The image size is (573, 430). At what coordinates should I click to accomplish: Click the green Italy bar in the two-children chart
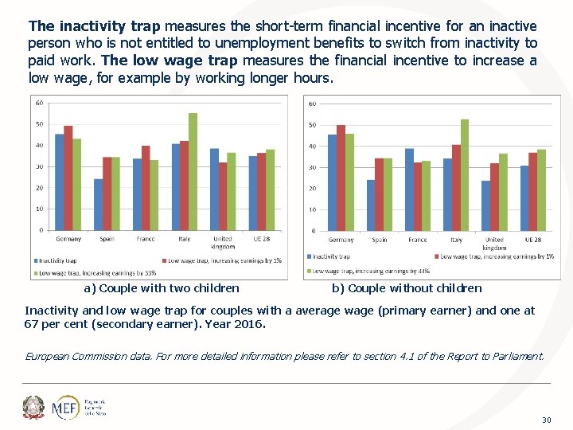click(x=193, y=171)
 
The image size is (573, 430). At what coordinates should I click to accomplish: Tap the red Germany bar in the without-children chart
click(x=341, y=178)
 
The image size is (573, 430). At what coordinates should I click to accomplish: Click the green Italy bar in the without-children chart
click(x=465, y=175)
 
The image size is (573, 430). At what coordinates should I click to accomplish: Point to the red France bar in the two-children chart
click(x=146, y=188)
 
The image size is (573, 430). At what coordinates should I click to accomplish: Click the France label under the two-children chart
click(x=145, y=239)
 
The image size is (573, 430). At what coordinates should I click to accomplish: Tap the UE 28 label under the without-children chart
click(x=532, y=240)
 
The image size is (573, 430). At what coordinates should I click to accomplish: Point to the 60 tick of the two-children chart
click(x=39, y=103)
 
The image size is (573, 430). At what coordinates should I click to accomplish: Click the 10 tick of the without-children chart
click(x=312, y=210)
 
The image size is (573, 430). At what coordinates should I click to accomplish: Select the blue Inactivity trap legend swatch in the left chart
click(x=35, y=260)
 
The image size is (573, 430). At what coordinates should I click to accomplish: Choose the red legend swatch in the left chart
click(x=162, y=260)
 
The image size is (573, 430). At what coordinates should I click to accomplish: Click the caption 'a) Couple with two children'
click(x=161, y=288)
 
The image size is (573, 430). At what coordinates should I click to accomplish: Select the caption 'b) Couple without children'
click(x=406, y=288)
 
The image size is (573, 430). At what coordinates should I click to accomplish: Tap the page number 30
click(x=546, y=420)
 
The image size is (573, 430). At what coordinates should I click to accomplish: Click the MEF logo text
click(x=64, y=408)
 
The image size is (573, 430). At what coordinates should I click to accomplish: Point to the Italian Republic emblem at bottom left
click(x=34, y=408)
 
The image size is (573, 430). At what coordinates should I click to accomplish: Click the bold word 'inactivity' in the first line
click(x=84, y=26)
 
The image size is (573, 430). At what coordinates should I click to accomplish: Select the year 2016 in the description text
click(x=251, y=325)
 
